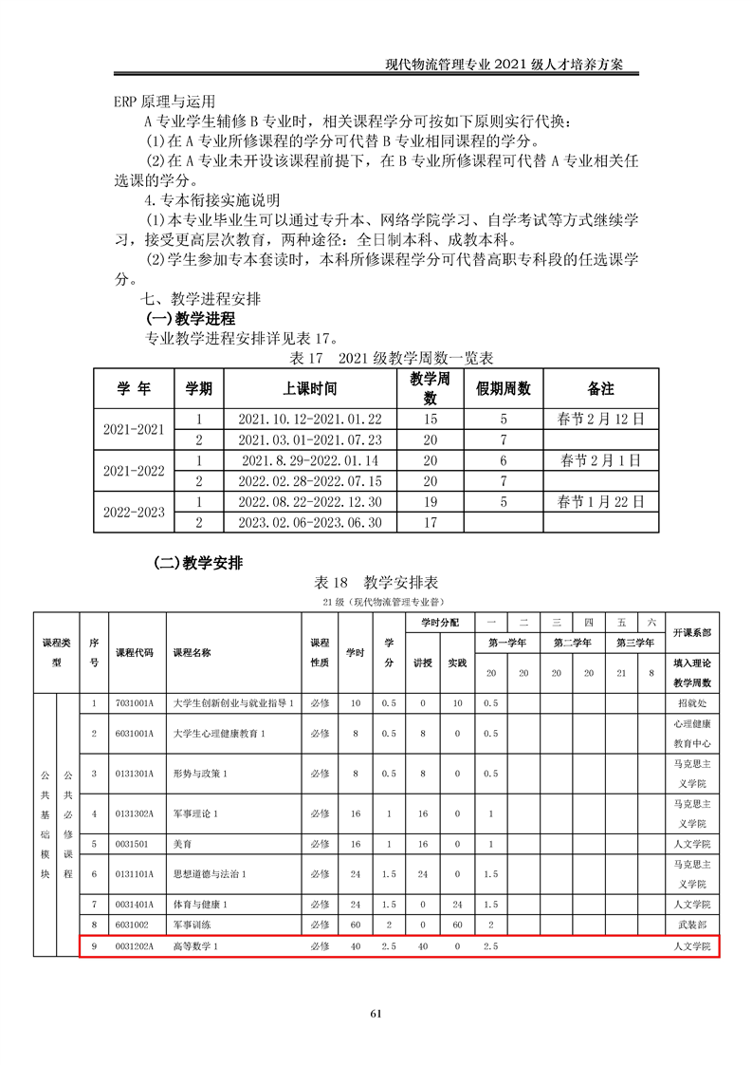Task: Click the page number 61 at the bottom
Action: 376,1013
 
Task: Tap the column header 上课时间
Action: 309,388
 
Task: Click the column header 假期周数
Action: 503,388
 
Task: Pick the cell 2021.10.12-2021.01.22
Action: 309,419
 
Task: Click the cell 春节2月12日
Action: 600,419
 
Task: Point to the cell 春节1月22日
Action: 600,501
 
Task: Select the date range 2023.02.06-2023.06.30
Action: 309,522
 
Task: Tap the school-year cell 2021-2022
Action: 134,471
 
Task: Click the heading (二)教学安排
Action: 198,562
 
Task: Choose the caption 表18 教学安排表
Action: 376,582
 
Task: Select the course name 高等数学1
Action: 195,946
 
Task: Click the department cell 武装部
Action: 691,924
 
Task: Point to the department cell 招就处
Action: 691,703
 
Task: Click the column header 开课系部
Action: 691,632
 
